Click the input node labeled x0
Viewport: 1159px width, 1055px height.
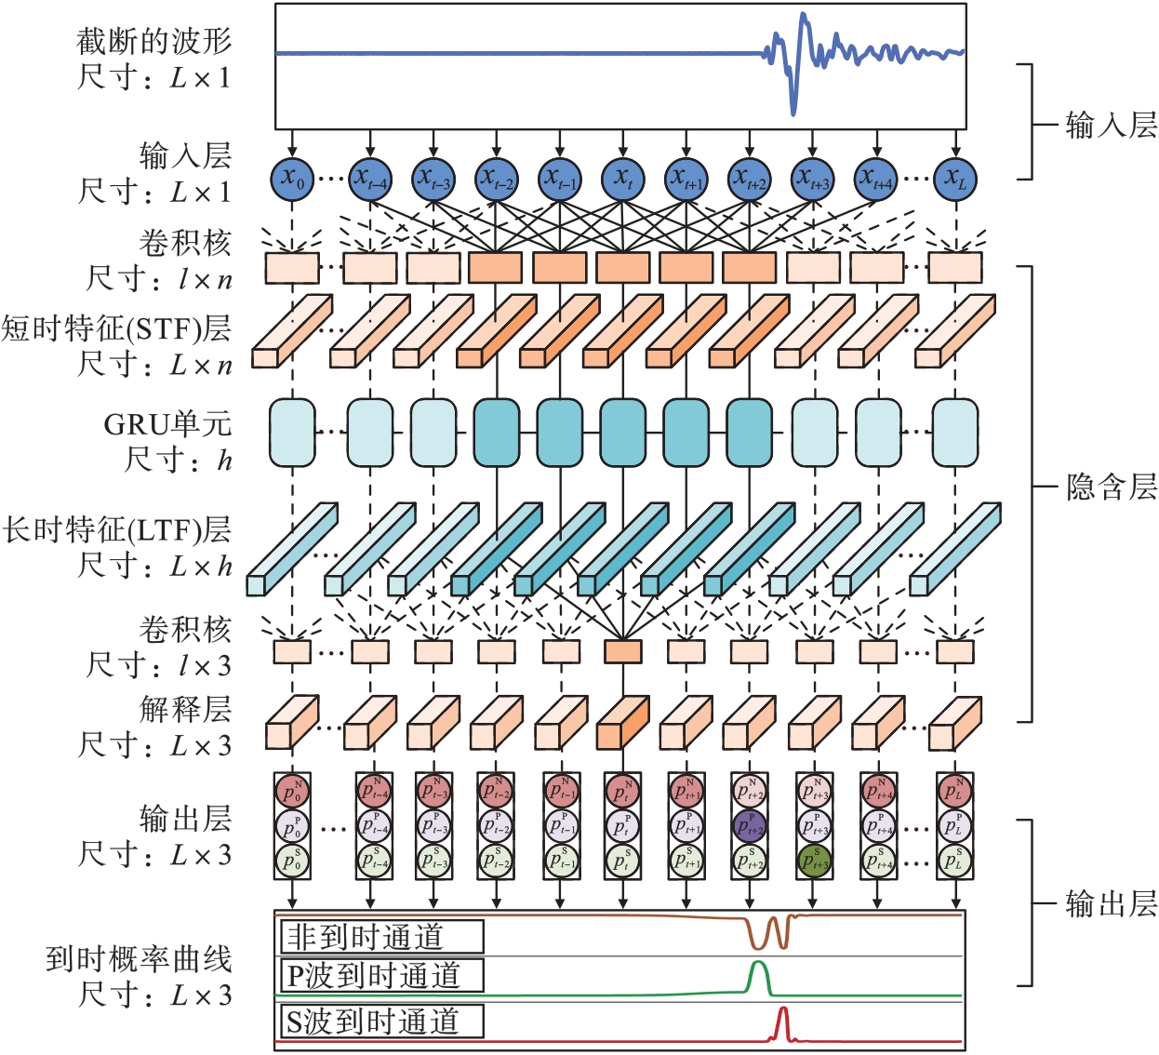click(293, 179)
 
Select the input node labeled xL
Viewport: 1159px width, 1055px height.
click(955, 179)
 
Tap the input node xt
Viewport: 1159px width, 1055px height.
click(622, 179)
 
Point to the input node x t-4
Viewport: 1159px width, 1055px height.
click(370, 179)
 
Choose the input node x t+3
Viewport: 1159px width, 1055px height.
click(813, 179)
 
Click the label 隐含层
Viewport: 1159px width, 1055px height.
click(1111, 487)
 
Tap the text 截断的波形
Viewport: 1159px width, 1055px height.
click(153, 41)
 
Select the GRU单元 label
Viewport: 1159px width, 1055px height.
click(167, 424)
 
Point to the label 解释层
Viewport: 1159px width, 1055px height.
click(185, 710)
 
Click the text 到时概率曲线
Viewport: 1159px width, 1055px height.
click(139, 959)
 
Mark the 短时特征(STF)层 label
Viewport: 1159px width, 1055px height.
click(116, 328)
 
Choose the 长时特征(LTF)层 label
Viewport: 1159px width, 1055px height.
click(116, 529)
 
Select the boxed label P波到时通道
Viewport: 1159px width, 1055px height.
click(382, 976)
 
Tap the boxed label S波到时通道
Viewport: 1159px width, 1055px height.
click(382, 1022)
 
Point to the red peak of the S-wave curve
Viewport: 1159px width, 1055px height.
click(783, 1010)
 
